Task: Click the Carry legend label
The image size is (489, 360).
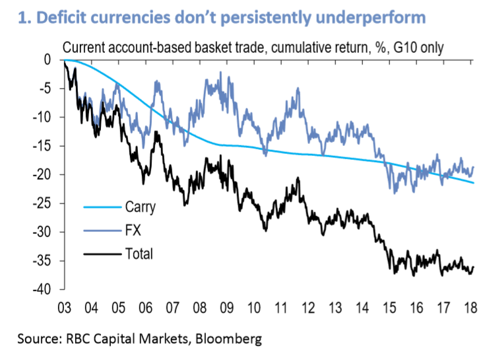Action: [x=139, y=207]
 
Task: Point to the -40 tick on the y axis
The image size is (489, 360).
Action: [x=44, y=289]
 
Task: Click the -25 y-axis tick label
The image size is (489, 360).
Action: [x=44, y=203]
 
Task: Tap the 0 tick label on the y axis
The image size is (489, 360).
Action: [x=48, y=59]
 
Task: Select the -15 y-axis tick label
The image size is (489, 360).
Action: [x=44, y=146]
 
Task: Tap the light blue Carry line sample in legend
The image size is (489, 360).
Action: [x=99, y=207]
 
